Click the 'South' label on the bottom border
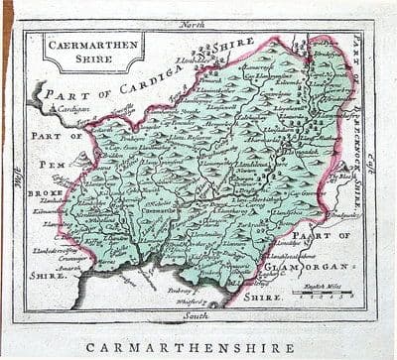(x=199, y=314)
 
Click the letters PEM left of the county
(x=51, y=163)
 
